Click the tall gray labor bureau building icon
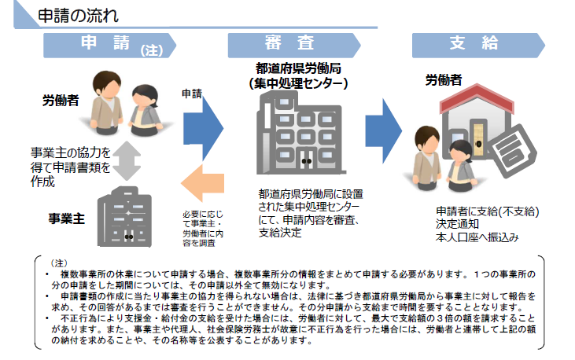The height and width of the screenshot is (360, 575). coord(296,134)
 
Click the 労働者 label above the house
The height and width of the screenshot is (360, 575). coord(444,79)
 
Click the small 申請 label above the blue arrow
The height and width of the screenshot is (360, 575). coord(191,93)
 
